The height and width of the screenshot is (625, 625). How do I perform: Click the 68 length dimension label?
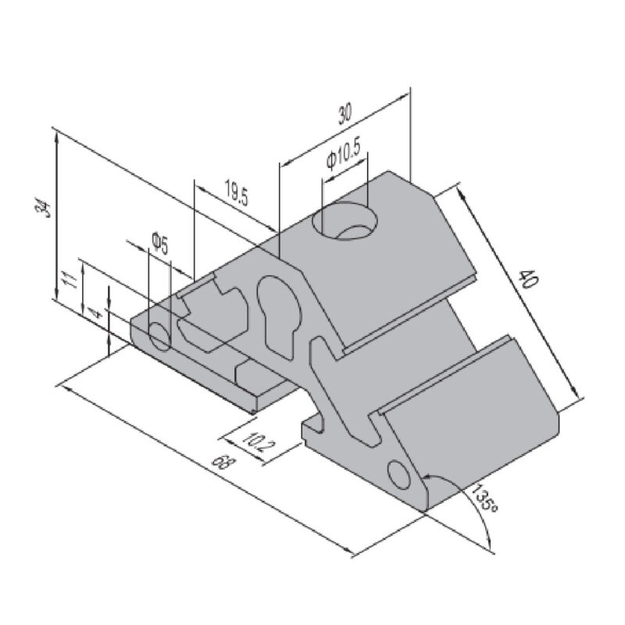click(x=220, y=462)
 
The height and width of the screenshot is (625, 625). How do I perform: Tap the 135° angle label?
click(x=484, y=498)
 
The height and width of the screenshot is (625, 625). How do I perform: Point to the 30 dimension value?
click(x=345, y=114)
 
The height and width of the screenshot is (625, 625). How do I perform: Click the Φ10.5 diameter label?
click(x=343, y=155)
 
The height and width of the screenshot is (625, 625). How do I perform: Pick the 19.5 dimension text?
click(x=237, y=192)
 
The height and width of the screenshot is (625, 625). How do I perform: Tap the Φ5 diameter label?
click(x=159, y=244)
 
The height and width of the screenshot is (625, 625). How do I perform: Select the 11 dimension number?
click(x=70, y=280)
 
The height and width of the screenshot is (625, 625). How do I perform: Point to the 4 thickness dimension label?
click(x=95, y=315)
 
